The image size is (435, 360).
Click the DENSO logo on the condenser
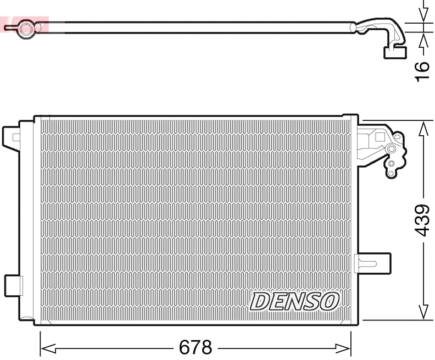295,301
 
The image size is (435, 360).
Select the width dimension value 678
196,347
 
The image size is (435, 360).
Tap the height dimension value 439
422,220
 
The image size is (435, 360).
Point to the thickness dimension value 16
422,71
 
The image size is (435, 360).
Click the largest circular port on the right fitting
391,149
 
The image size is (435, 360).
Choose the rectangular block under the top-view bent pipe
394,52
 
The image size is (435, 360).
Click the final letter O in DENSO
330,301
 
